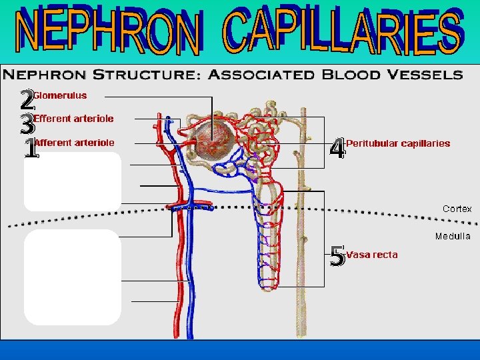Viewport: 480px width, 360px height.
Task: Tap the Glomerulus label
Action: click(x=60, y=95)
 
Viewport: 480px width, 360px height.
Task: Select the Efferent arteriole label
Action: click(x=73, y=119)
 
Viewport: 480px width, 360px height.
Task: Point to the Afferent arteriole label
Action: click(x=74, y=142)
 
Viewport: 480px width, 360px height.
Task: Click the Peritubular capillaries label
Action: click(x=398, y=143)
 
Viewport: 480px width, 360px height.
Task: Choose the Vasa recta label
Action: click(x=372, y=255)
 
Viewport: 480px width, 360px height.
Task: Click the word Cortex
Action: click(x=457, y=209)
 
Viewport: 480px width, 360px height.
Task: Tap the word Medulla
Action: click(x=453, y=236)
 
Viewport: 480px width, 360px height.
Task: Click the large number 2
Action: click(x=26, y=101)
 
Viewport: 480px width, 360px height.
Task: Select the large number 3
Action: click(x=26, y=124)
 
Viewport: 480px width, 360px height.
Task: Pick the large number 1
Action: click(x=30, y=148)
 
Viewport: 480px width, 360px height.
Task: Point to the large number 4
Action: click(x=338, y=149)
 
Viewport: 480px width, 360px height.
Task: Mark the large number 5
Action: click(x=338, y=255)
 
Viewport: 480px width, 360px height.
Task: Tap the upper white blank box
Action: click(x=73, y=181)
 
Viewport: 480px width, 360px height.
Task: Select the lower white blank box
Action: click(x=73, y=277)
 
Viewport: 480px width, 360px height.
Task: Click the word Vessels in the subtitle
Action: click(x=427, y=74)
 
